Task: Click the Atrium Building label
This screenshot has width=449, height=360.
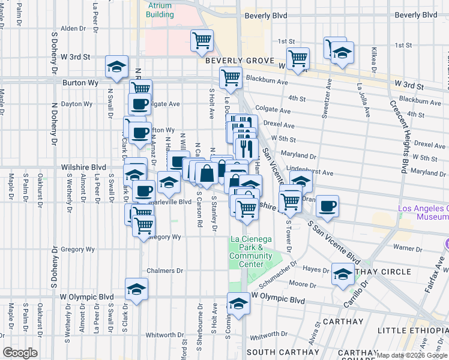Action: pyautogui.click(x=159, y=10)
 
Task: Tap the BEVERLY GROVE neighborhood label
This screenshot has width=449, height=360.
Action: pyautogui.click(x=240, y=61)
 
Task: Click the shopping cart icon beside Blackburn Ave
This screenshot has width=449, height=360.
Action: pyautogui.click(x=230, y=77)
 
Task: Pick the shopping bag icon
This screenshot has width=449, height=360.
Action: pyautogui.click(x=206, y=173)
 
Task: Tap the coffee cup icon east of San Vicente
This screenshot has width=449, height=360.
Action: pyautogui.click(x=327, y=206)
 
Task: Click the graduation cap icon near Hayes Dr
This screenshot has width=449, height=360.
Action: pyautogui.click(x=343, y=274)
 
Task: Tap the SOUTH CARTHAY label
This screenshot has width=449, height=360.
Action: pyautogui.click(x=283, y=352)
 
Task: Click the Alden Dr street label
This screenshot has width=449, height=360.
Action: pyautogui.click(x=74, y=28)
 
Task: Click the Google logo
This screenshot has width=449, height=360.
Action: pyautogui.click(x=20, y=353)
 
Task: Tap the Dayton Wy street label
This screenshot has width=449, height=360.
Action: pyautogui.click(x=79, y=104)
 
